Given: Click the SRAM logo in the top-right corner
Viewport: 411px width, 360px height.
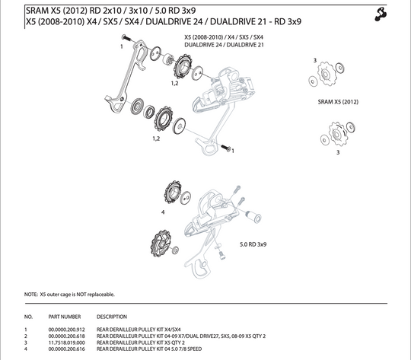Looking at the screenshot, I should pyautogui.click(x=394, y=13).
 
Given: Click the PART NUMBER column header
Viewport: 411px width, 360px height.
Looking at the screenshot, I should pyautogui.click(x=64, y=316).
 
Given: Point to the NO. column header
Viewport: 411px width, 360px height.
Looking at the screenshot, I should pyautogui.click(x=29, y=316).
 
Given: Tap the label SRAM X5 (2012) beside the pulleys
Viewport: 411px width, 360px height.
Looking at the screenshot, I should pyautogui.click(x=337, y=101).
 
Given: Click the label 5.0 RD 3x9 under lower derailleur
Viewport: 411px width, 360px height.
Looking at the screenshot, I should pyautogui.click(x=253, y=244).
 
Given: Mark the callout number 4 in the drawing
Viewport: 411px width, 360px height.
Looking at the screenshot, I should pyautogui.click(x=163, y=212).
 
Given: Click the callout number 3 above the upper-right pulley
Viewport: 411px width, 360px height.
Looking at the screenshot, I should pyautogui.click(x=315, y=60).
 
